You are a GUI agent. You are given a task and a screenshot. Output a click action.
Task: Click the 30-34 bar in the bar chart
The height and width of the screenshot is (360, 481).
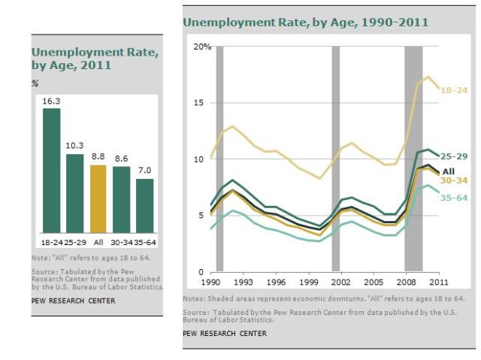tap(121, 198)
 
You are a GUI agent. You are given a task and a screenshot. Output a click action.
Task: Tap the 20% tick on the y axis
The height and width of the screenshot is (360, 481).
tap(202, 47)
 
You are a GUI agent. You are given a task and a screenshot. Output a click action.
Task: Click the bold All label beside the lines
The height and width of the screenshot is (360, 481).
tap(449, 171)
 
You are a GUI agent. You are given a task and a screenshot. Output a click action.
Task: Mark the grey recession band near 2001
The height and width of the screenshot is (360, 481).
tap(336, 158)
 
